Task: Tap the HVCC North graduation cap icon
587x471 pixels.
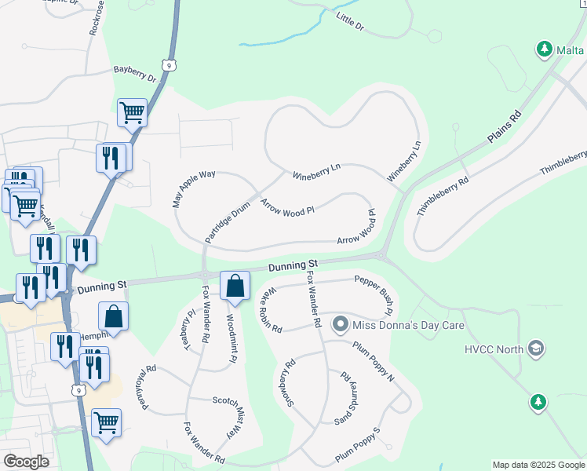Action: (536, 348)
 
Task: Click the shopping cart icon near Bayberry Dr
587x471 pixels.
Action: (132, 112)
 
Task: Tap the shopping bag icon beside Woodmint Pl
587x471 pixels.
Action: (235, 286)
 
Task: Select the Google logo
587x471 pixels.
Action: (26, 461)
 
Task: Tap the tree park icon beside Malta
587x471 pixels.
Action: (544, 50)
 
